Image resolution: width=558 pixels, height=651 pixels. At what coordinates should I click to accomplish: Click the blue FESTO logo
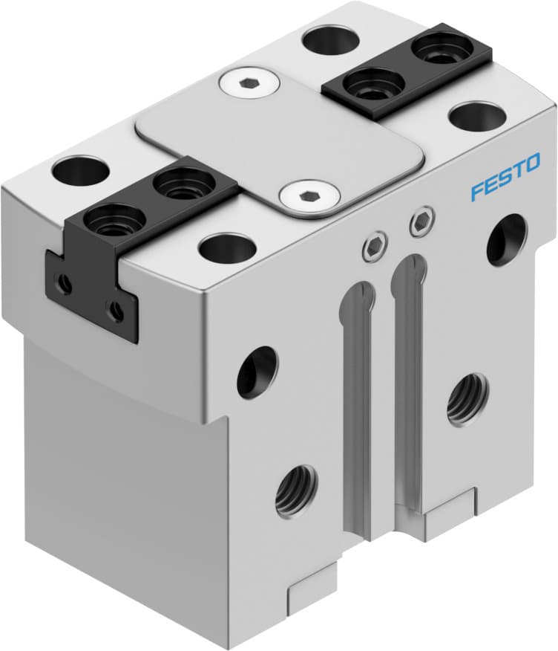[x=505, y=180]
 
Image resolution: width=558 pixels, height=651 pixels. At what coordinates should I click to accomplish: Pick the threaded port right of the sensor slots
[x=467, y=398]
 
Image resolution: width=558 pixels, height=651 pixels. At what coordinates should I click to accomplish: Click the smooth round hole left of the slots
[x=257, y=372]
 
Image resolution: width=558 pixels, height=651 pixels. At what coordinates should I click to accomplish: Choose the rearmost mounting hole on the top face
[x=328, y=39]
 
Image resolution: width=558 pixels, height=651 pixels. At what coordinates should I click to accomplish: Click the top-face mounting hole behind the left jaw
[x=81, y=170]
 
